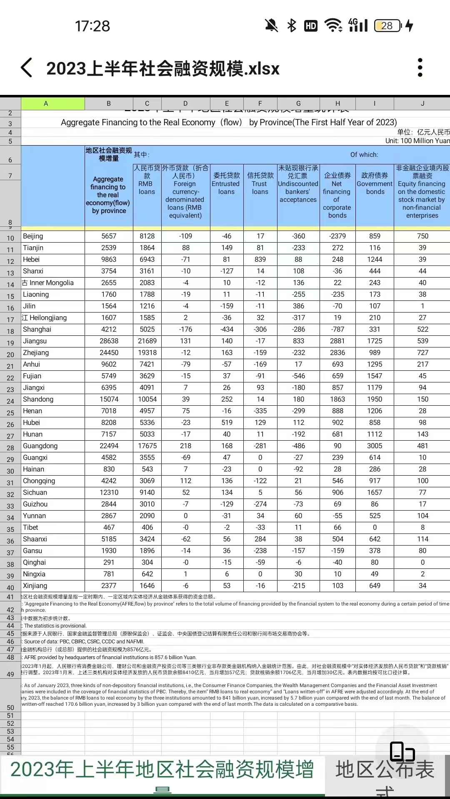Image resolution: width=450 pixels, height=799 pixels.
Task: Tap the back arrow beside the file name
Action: [26, 68]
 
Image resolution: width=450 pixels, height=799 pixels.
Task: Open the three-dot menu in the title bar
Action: [420, 67]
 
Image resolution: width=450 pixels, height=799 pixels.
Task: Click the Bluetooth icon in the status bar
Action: [292, 26]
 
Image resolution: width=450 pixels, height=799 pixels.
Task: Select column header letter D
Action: [185, 104]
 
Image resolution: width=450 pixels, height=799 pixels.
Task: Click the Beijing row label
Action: [33, 236]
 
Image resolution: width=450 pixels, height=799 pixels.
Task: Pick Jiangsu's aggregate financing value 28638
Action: [109, 341]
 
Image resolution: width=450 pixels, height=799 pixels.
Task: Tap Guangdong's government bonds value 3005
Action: [375, 446]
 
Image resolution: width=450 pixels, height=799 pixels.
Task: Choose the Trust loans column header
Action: [260, 184]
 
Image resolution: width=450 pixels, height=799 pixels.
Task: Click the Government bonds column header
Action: [375, 184]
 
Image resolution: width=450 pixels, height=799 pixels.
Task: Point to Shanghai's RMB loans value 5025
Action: [147, 329]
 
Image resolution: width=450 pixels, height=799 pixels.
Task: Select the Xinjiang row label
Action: [35, 586]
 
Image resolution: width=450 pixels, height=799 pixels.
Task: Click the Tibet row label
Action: [30, 527]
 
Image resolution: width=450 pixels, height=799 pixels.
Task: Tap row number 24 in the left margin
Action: [10, 401]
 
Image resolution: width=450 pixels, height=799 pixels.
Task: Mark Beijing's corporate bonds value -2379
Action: [337, 236]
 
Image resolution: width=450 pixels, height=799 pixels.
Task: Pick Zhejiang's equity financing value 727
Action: [422, 352]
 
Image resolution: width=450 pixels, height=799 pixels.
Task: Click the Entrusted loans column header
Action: [226, 184]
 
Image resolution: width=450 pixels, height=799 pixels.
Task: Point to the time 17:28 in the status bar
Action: [92, 26]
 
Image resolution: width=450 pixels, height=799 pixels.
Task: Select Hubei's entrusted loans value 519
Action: [227, 422]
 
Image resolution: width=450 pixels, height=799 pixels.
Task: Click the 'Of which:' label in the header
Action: [364, 155]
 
